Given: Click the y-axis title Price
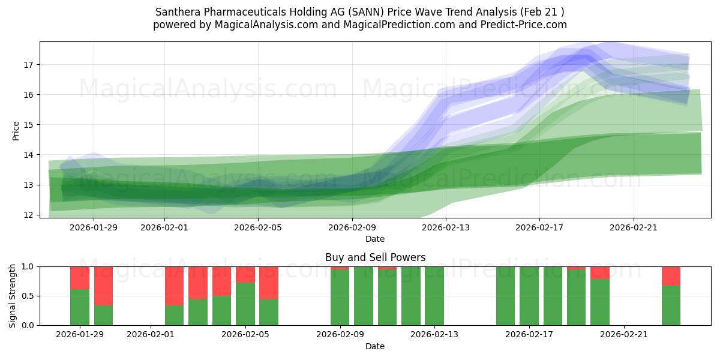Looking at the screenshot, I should click(x=16, y=130).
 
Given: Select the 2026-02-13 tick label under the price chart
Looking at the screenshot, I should click(x=446, y=227).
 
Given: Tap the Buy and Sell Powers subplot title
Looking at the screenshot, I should click(x=375, y=257).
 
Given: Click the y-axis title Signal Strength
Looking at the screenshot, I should click(x=13, y=295).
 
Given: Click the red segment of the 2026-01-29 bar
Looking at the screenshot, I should click(x=80, y=278).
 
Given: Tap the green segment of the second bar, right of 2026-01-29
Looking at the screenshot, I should click(x=103, y=315).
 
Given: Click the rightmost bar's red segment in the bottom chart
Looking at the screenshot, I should click(x=671, y=275).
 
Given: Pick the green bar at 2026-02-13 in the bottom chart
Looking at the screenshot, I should click(x=434, y=296).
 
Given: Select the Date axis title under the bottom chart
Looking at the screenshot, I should click(x=375, y=346).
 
